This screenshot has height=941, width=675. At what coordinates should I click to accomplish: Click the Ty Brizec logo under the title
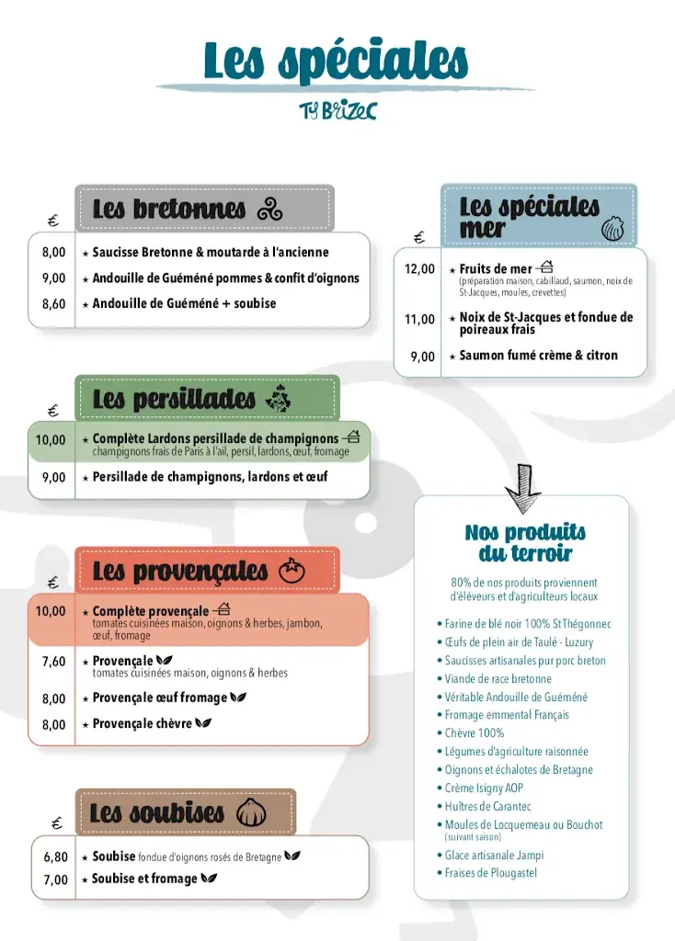[337, 110]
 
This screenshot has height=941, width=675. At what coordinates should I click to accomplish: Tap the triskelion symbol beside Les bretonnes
[269, 210]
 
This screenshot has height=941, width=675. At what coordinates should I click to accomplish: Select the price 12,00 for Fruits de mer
[419, 269]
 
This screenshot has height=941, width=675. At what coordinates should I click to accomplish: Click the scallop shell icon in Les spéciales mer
[612, 228]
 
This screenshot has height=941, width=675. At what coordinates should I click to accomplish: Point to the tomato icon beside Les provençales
[292, 571]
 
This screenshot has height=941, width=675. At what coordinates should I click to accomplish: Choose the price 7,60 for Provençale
[53, 662]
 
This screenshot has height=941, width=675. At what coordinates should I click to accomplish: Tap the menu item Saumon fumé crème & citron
[538, 356]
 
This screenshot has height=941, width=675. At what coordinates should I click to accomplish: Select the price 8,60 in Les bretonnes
[53, 304]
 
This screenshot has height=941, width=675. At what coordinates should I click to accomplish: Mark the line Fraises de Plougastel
[491, 873]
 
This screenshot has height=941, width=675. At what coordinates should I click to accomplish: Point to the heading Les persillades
[174, 399]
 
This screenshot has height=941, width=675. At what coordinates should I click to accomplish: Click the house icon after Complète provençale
[222, 609]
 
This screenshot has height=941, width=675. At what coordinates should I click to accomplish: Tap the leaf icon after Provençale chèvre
[204, 723]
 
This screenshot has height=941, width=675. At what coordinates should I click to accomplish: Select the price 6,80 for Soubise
[55, 857]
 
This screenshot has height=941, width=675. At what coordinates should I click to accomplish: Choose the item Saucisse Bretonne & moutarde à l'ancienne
[211, 253]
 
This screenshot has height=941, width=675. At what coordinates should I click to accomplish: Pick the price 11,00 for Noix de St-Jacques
[419, 320]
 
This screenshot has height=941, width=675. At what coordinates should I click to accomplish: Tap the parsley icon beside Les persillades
[277, 399]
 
